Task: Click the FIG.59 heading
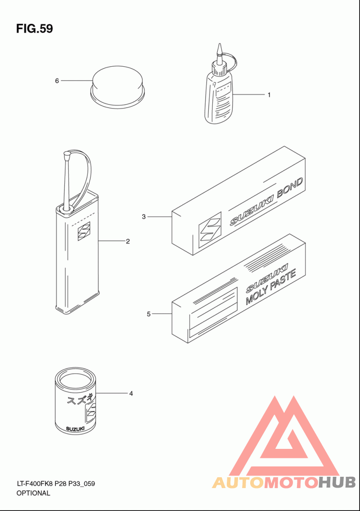coord(35,29)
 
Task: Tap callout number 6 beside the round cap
coord(57,81)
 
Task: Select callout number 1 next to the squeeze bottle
coord(269,95)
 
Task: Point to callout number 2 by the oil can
coord(128,241)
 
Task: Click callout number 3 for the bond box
coord(144,217)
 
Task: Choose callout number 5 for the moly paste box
coord(148,314)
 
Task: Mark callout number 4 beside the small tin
coord(131,393)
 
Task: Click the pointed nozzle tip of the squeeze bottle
coord(220,44)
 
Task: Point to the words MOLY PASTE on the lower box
coord(270,287)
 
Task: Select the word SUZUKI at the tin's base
coord(75,429)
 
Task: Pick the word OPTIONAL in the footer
coord(33,493)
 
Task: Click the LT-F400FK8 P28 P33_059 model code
coord(56,484)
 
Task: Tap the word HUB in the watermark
coord(337,482)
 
